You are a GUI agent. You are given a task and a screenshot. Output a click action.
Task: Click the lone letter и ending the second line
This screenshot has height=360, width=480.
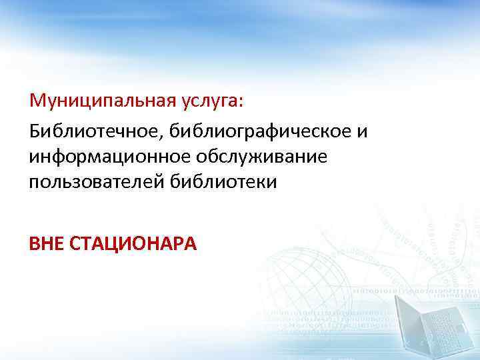click(363, 131)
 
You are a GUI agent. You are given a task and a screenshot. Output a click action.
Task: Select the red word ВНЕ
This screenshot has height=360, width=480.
click(46, 243)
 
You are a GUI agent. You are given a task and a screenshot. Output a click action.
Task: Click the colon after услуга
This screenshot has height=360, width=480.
click(241, 104)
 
